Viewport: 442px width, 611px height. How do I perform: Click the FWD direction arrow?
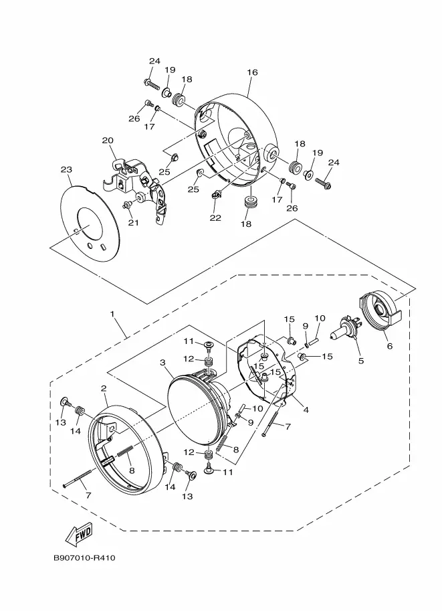coord(79,534)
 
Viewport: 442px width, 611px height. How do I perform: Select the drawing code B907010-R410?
coord(84,558)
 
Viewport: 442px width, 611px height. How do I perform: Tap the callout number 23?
coord(67,169)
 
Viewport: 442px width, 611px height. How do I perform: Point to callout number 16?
coord(252,72)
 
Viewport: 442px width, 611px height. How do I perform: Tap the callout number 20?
coord(108,141)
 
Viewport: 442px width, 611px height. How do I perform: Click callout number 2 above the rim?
coord(103,388)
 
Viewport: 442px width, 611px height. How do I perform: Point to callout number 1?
coord(112,314)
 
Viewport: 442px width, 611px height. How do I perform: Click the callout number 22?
coord(215,217)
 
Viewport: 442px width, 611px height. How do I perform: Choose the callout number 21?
coord(134,223)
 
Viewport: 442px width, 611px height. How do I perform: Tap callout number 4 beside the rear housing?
coord(306,410)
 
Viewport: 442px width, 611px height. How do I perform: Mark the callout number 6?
coord(389,345)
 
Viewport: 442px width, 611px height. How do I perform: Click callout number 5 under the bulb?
coord(361,361)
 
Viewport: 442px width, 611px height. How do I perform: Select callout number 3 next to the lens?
coord(162,363)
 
